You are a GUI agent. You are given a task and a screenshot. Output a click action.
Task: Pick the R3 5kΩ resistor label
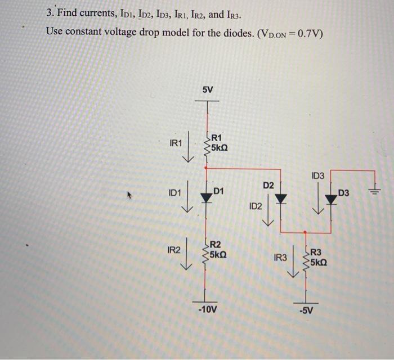pyautogui.click(x=319, y=258)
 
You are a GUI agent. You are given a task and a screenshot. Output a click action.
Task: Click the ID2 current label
pyautogui.click(x=255, y=207)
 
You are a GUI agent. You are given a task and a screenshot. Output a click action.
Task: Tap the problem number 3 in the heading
pyautogui.click(x=49, y=11)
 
